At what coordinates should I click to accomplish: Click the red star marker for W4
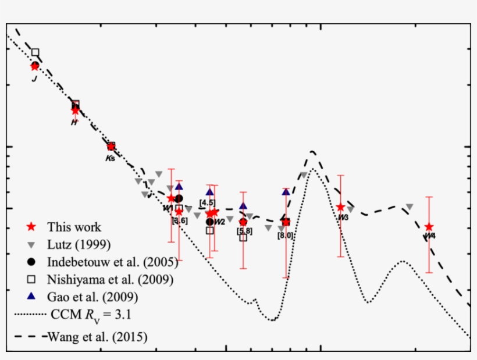tap(429, 227)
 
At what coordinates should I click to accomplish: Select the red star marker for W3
tap(340, 207)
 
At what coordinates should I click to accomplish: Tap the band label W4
tap(430, 236)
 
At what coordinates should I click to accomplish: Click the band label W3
tap(343, 217)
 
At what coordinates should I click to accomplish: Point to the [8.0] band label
tap(285, 235)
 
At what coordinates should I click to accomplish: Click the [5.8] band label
tap(244, 231)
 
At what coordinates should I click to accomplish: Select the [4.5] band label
tap(207, 202)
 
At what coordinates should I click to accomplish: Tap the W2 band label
tap(219, 222)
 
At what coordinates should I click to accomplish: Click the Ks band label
tap(110, 158)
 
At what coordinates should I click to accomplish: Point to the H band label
tap(74, 122)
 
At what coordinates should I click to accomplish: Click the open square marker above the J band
tap(35, 52)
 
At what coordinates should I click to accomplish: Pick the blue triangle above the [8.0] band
tap(286, 191)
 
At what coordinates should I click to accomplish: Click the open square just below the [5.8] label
tap(243, 237)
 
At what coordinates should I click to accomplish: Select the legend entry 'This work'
tap(74, 227)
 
